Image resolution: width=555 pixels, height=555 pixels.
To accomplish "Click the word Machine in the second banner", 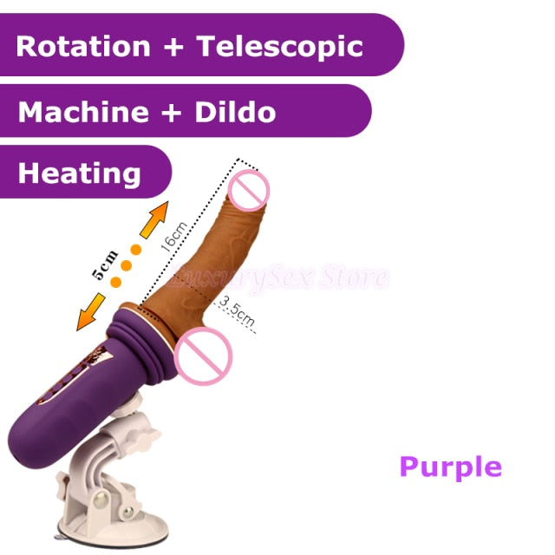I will (x=83, y=112).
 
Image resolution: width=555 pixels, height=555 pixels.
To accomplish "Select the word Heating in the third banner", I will (x=80, y=173).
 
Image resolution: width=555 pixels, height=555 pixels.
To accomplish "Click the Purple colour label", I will (x=450, y=467).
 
